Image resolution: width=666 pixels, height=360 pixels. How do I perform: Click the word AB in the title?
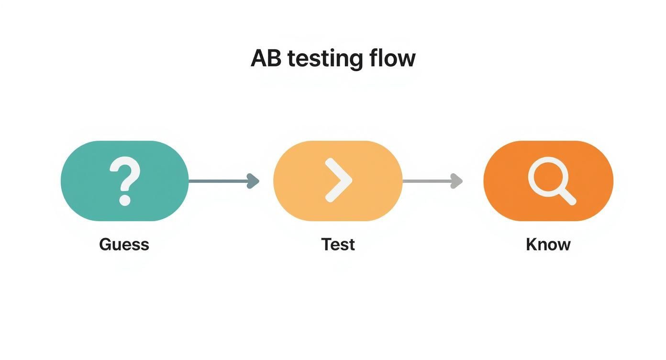tap(266, 58)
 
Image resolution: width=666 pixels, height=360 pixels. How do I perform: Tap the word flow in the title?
tap(392, 58)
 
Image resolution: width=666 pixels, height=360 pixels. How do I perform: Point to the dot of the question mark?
tap(125, 200)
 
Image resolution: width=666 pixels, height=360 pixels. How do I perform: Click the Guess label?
tap(124, 245)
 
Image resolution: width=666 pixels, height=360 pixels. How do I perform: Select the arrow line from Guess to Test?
tap(218, 181)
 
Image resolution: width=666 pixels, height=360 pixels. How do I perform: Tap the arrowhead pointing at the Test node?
tap(253, 181)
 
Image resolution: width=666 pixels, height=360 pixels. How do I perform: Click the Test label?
tap(338, 245)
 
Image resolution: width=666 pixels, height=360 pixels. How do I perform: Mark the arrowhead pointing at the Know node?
tap(457, 181)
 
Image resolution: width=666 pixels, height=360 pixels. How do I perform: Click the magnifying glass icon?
tap(551, 181)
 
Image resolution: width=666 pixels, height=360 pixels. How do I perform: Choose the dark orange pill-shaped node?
tap(507, 181)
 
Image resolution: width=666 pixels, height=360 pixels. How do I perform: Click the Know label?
tap(548, 245)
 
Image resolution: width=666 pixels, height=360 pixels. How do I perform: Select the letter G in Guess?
tap(105, 245)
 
